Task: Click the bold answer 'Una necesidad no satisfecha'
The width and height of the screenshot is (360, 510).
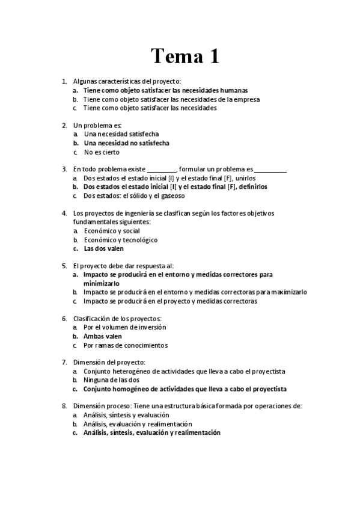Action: (x=126, y=143)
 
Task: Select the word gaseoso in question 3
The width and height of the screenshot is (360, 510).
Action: (x=172, y=195)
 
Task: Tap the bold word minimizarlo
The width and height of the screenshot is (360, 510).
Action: (x=102, y=283)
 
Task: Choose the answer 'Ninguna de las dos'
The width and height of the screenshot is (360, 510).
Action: (x=112, y=380)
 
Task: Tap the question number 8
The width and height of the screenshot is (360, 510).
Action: (x=64, y=407)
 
